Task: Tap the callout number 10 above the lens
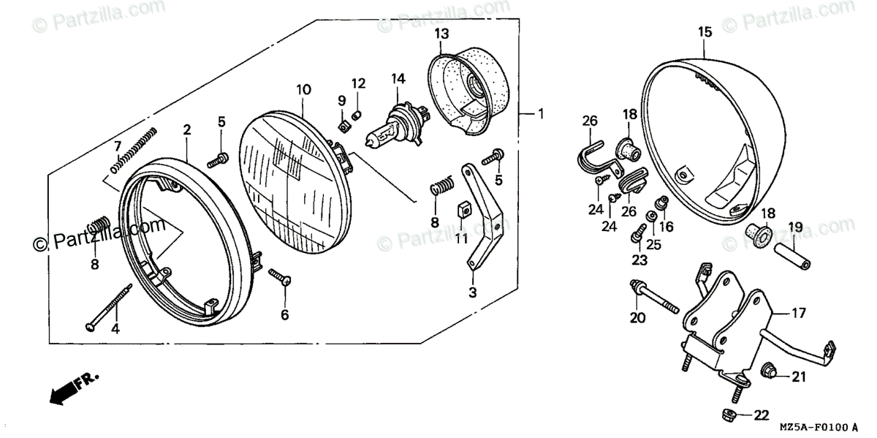(x=303, y=89)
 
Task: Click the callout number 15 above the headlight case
(x=704, y=31)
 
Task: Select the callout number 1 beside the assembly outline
(x=541, y=113)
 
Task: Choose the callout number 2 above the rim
(x=187, y=129)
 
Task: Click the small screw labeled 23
(x=635, y=236)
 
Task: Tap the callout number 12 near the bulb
(x=357, y=83)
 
